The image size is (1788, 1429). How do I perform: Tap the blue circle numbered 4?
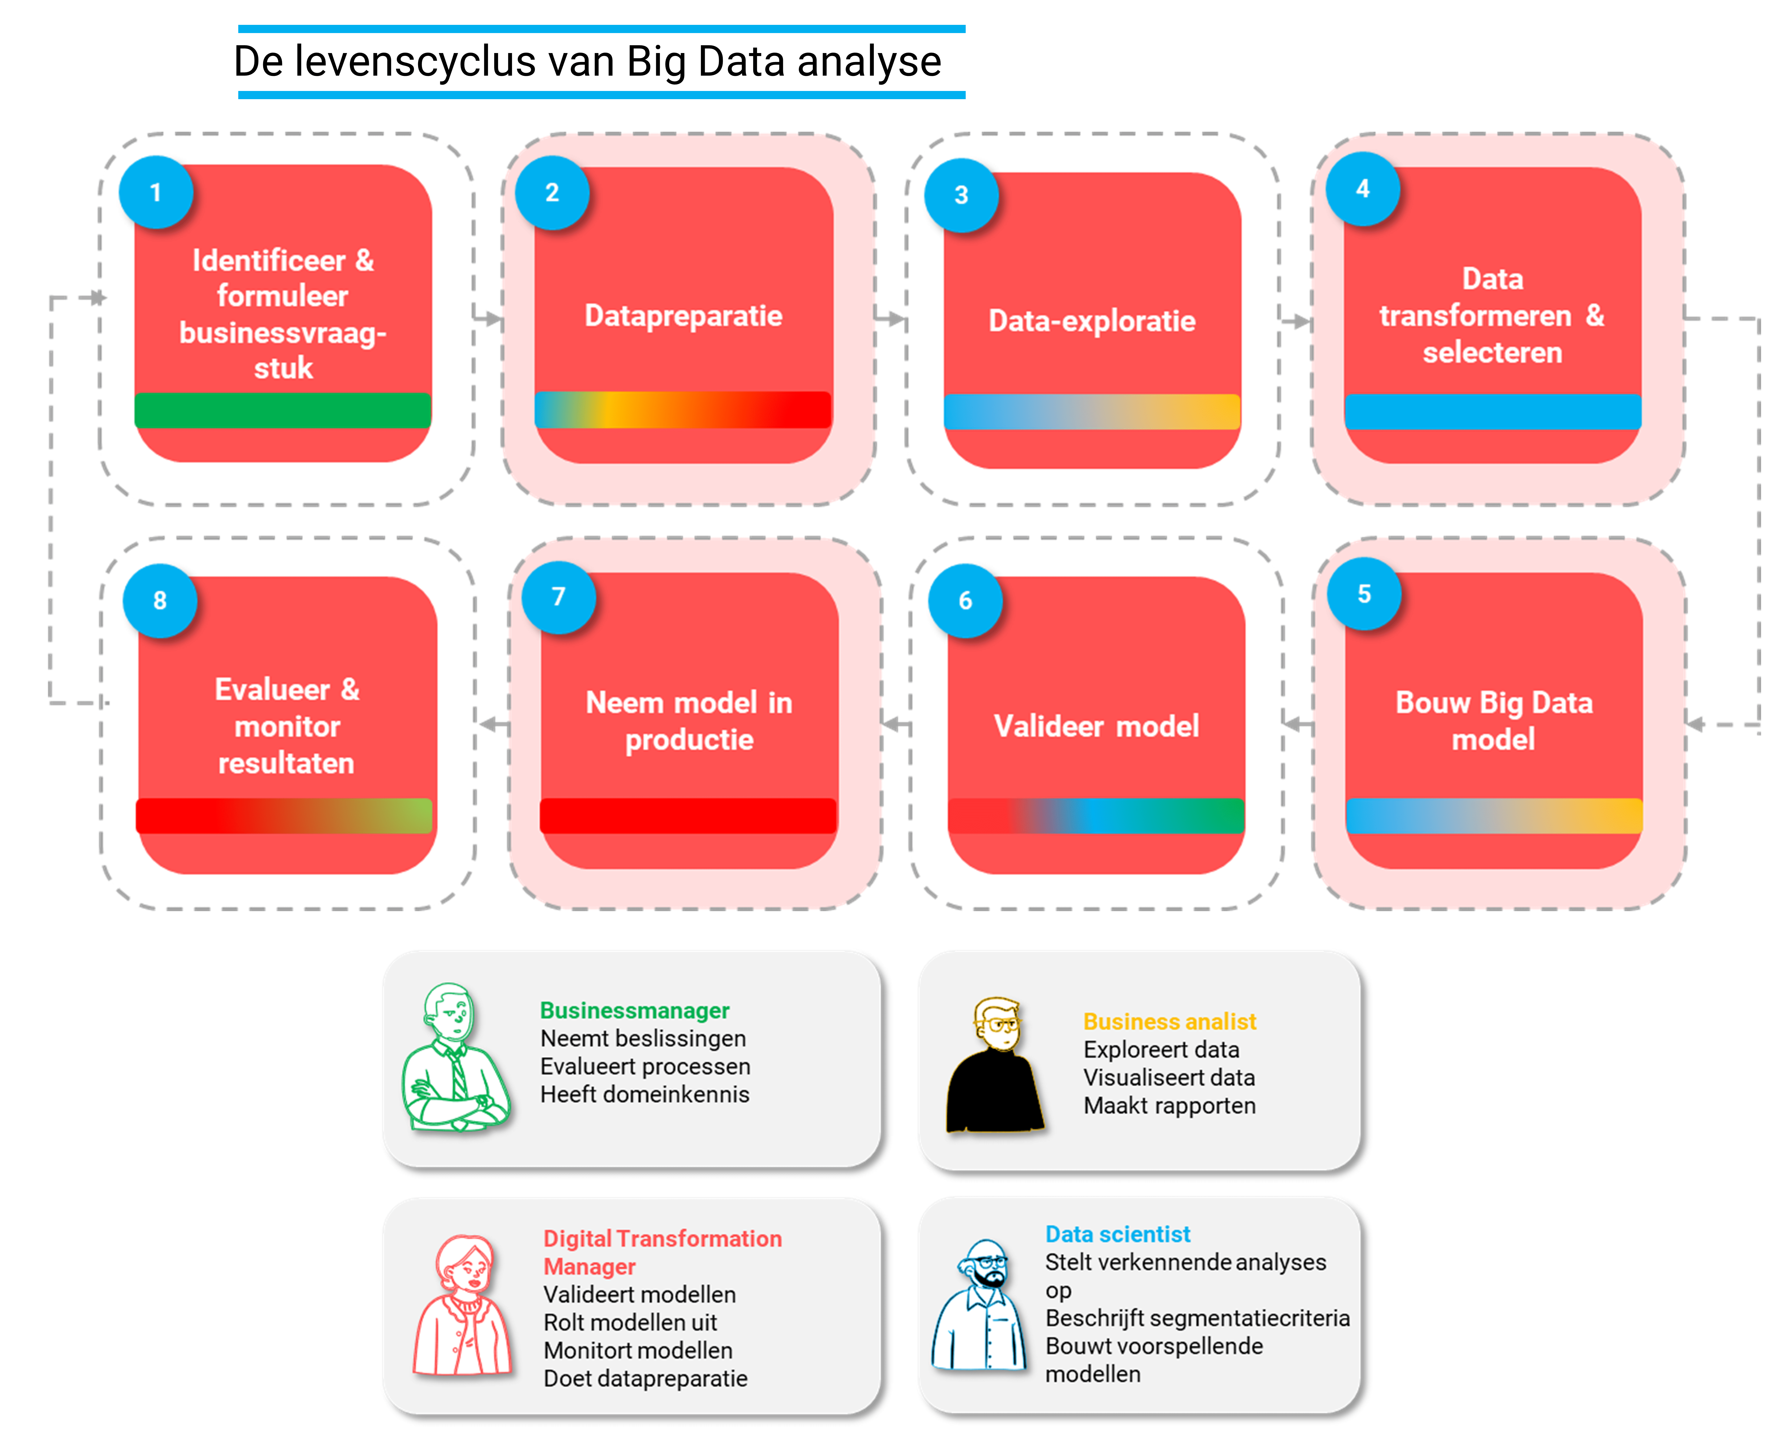(1362, 189)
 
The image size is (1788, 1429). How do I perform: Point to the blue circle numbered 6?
(965, 600)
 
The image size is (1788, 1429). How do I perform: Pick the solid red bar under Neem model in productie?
(688, 816)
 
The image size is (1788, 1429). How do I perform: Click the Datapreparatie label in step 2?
(683, 316)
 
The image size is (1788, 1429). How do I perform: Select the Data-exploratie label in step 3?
(1091, 321)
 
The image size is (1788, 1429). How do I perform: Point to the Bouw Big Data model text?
(1494, 720)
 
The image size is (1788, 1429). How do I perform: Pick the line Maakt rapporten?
(1169, 1106)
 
